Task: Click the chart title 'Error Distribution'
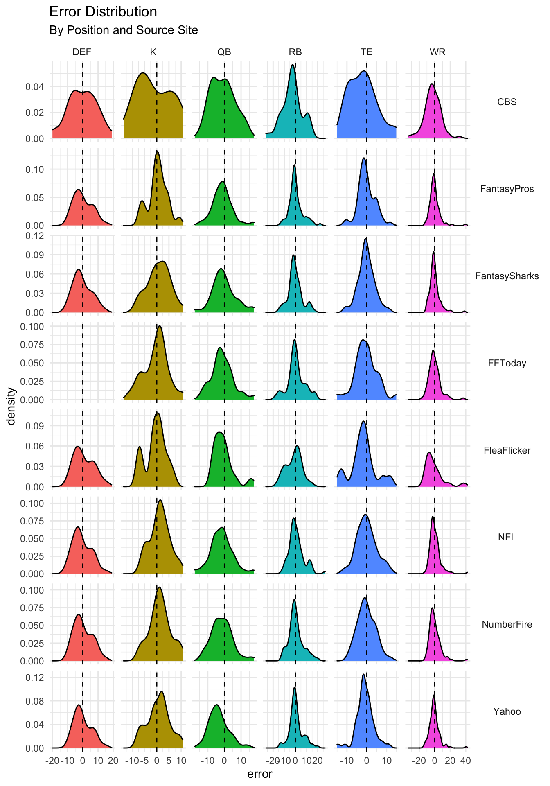point(103,12)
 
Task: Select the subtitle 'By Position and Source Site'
point(124,30)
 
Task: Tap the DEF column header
point(82,52)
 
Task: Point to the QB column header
point(224,52)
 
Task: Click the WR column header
point(437,52)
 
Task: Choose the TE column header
point(366,52)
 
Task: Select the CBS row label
point(507,102)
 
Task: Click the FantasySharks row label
point(507,276)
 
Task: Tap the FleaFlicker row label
point(507,450)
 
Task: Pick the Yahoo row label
point(507,711)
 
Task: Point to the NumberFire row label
point(507,624)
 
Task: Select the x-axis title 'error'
point(260,774)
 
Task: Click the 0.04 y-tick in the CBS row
point(35,87)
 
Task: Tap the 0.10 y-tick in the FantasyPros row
point(35,169)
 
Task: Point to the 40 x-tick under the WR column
point(465,761)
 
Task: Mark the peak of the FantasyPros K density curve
point(157,151)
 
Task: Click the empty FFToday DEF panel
point(82,360)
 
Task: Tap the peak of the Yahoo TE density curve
point(363,675)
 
